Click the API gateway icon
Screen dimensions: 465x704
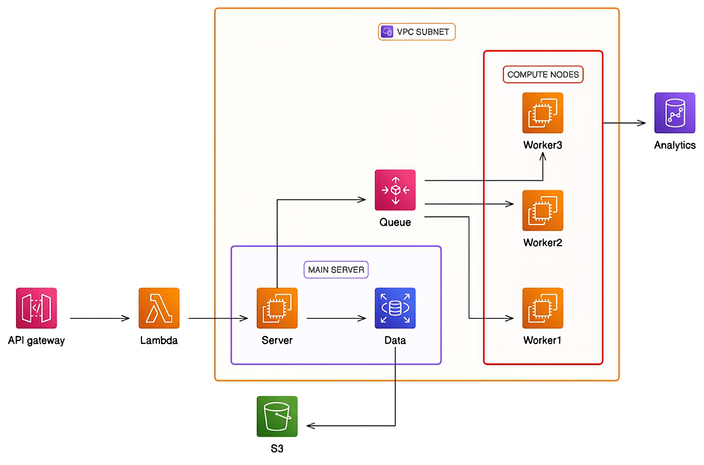pyautogui.click(x=36, y=308)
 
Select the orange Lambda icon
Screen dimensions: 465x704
pyautogui.click(x=159, y=308)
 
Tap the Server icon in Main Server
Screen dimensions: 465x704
pyautogui.click(x=277, y=308)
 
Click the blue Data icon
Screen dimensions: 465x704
pyautogui.click(x=395, y=308)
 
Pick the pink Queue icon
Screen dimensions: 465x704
pyautogui.click(x=395, y=190)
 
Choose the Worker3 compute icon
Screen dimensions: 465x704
pyautogui.click(x=542, y=113)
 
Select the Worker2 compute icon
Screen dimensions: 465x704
pyautogui.click(x=542, y=210)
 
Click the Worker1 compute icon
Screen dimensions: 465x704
pyautogui.click(x=542, y=308)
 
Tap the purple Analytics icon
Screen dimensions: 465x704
pyautogui.click(x=674, y=113)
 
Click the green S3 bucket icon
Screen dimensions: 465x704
pyautogui.click(x=277, y=416)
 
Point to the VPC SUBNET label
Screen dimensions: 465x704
pyautogui.click(x=422, y=32)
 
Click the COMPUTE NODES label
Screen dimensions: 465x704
pyautogui.click(x=543, y=75)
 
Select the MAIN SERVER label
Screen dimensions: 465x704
pyautogui.click(x=336, y=270)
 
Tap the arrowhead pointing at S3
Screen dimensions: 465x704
pyautogui.click(x=310, y=426)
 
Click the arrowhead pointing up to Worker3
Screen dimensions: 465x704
pyautogui.click(x=543, y=156)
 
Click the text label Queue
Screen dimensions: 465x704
pyautogui.click(x=395, y=223)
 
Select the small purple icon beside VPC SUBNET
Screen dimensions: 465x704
pyautogui.click(x=387, y=32)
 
